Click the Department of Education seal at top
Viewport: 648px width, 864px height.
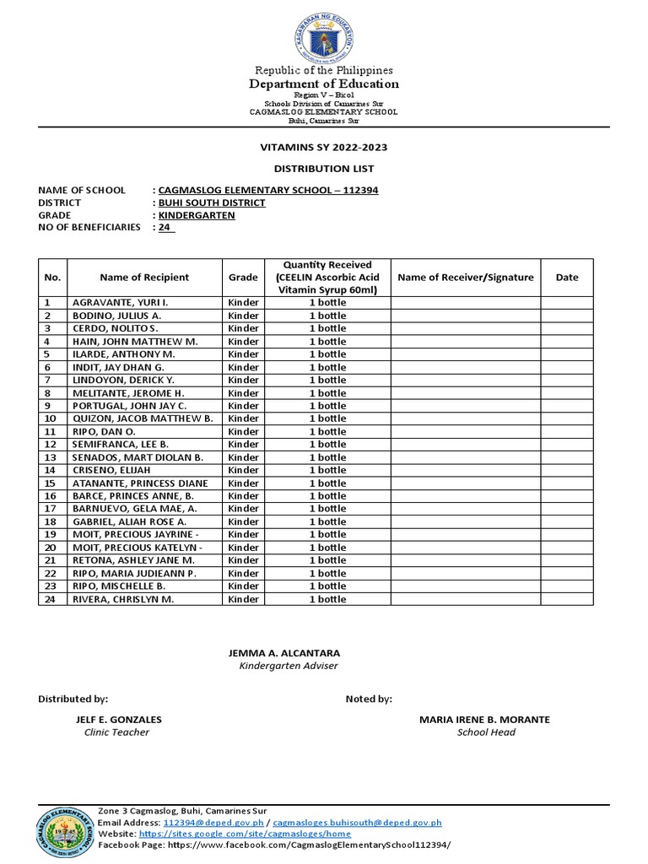325,34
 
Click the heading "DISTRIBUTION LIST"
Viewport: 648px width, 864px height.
324,169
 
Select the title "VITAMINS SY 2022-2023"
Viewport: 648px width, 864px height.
324,148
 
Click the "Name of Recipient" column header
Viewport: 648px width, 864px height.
144,277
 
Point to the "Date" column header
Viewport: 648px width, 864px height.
567,277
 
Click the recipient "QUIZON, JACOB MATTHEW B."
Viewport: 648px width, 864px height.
142,418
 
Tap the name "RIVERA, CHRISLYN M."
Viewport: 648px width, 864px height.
123,599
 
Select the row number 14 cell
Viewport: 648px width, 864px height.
50,470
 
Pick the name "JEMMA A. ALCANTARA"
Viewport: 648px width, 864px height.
284,653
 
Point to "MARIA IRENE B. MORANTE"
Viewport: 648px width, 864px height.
484,720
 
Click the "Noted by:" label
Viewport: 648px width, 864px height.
369,699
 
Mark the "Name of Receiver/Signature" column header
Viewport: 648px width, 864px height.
465,277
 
